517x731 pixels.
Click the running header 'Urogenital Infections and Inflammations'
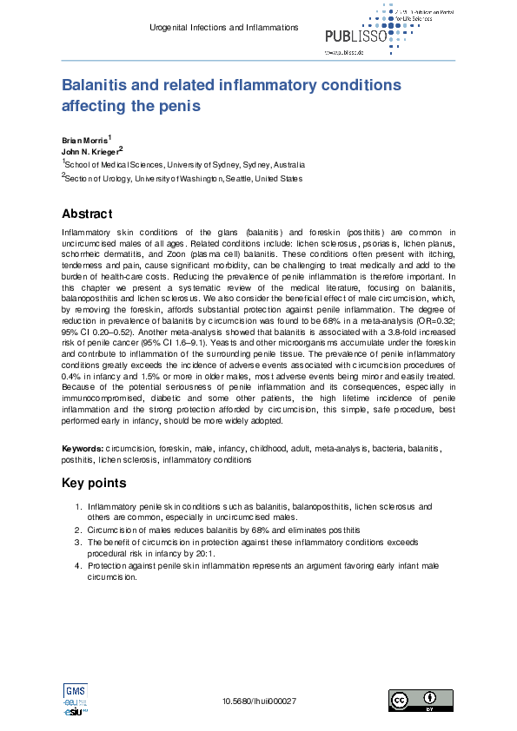(x=224, y=28)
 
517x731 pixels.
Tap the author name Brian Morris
(x=84, y=140)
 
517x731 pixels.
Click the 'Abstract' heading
(x=87, y=214)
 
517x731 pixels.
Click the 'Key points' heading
(x=94, y=483)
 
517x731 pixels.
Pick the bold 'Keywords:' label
(x=83, y=449)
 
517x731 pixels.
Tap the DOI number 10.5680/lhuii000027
(x=260, y=701)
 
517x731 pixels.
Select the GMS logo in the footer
(x=75, y=691)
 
